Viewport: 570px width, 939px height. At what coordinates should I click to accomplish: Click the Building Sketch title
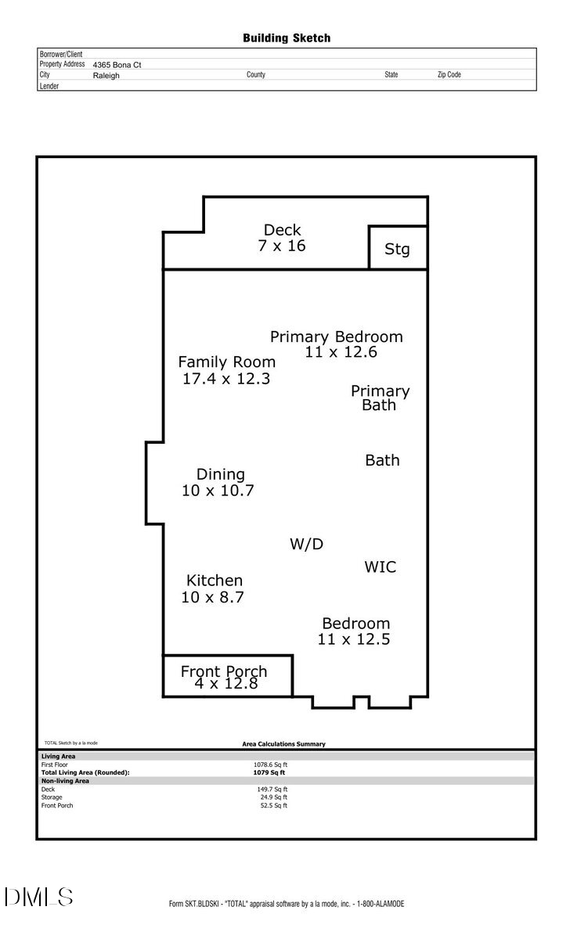(x=287, y=38)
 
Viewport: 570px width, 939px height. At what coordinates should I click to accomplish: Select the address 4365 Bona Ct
(x=117, y=66)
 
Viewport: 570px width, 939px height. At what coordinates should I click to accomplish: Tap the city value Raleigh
(x=106, y=76)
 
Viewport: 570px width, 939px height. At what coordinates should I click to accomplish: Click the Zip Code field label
(x=449, y=75)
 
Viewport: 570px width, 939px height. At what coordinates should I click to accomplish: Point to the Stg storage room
(x=398, y=249)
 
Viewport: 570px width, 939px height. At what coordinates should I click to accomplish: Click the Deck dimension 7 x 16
(x=282, y=246)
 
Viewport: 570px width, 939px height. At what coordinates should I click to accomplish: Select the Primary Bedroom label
(x=337, y=336)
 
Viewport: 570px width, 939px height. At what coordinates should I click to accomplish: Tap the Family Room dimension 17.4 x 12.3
(x=226, y=379)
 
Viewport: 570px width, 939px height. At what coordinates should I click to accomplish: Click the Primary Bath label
(x=380, y=398)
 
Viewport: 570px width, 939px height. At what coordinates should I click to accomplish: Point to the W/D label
(x=307, y=544)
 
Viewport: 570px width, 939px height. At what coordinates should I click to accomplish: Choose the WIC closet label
(x=381, y=567)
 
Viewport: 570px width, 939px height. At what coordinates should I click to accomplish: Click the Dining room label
(x=220, y=474)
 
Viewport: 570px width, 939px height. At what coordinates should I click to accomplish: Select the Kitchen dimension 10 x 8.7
(x=213, y=597)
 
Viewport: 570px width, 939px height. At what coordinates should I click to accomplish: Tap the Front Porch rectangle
(x=227, y=677)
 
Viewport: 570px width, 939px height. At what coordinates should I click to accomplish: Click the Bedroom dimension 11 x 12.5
(x=354, y=639)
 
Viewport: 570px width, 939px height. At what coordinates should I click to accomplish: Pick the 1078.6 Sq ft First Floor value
(x=270, y=765)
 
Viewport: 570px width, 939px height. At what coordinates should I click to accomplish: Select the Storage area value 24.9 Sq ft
(x=274, y=797)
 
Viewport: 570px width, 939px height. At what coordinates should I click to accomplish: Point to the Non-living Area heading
(x=65, y=781)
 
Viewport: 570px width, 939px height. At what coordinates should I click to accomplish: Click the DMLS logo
(x=38, y=897)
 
